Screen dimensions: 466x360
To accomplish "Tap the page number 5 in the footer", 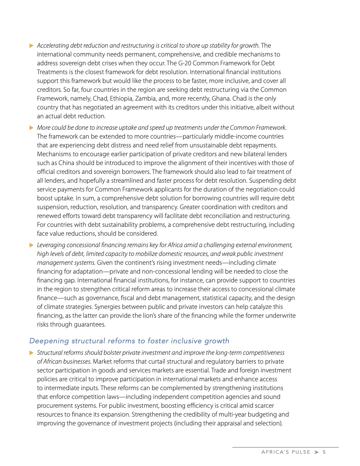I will click(x=323, y=452).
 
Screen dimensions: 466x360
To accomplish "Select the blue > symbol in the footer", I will click(x=316, y=452).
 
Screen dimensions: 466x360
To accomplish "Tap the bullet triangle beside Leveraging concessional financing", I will click(x=31, y=245).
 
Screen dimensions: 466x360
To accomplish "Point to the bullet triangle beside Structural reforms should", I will click(x=31, y=353).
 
